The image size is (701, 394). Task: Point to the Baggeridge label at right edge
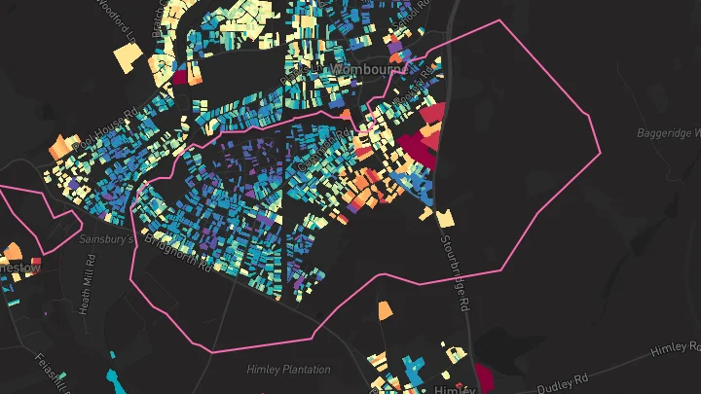(670, 132)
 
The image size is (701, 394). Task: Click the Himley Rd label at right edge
(676, 350)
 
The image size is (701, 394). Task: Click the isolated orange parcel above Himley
(385, 310)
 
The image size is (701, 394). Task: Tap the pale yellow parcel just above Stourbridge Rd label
(444, 218)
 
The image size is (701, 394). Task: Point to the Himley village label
(451, 388)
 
